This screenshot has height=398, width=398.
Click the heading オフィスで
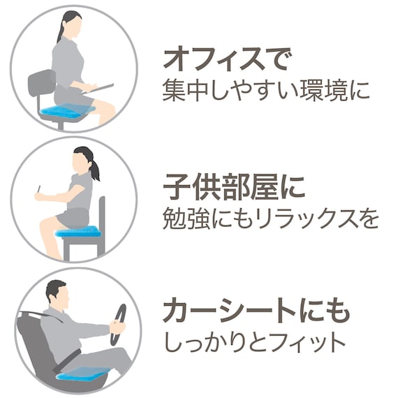(x=225, y=59)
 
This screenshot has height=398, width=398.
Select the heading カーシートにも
(x=256, y=312)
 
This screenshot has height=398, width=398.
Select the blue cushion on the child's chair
(x=79, y=231)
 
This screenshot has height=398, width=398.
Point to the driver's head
(x=57, y=294)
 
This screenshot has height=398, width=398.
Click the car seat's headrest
(x=27, y=322)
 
